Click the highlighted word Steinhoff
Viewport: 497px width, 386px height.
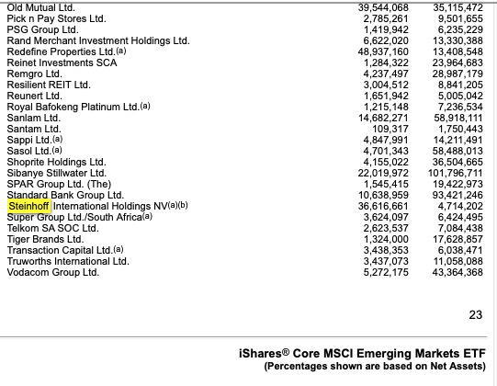coord(29,206)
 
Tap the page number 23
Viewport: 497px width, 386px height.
coord(475,315)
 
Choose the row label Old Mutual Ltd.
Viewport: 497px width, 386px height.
coord(40,6)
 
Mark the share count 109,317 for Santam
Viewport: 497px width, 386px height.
coord(389,128)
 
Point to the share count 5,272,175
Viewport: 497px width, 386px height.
coord(386,273)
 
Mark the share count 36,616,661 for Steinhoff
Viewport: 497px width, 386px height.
coord(382,206)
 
